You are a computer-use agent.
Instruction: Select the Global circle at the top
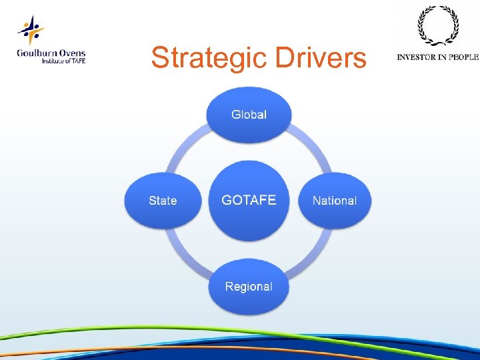(x=249, y=115)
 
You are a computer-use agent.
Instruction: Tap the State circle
(x=163, y=200)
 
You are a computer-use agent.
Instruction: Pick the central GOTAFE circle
(x=249, y=200)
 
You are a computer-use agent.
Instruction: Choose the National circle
(x=334, y=200)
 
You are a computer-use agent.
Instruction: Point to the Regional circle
(x=249, y=287)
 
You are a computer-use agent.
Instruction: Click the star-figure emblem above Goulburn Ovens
(x=31, y=31)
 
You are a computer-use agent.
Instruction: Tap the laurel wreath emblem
(x=437, y=27)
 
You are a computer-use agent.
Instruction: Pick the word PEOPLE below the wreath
(x=463, y=57)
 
